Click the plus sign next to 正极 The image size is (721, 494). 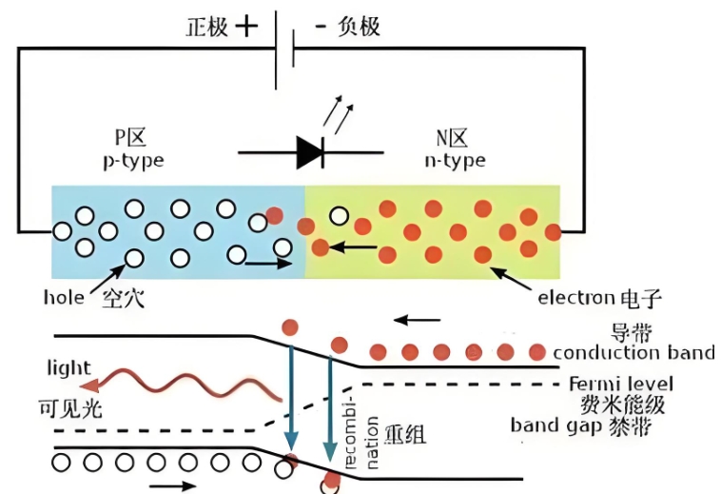(x=245, y=26)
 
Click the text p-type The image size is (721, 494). (x=132, y=161)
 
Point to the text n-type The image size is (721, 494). (x=455, y=161)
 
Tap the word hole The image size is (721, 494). (x=64, y=298)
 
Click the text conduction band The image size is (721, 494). (x=633, y=353)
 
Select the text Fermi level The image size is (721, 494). (x=621, y=385)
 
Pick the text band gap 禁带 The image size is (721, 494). (x=581, y=425)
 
